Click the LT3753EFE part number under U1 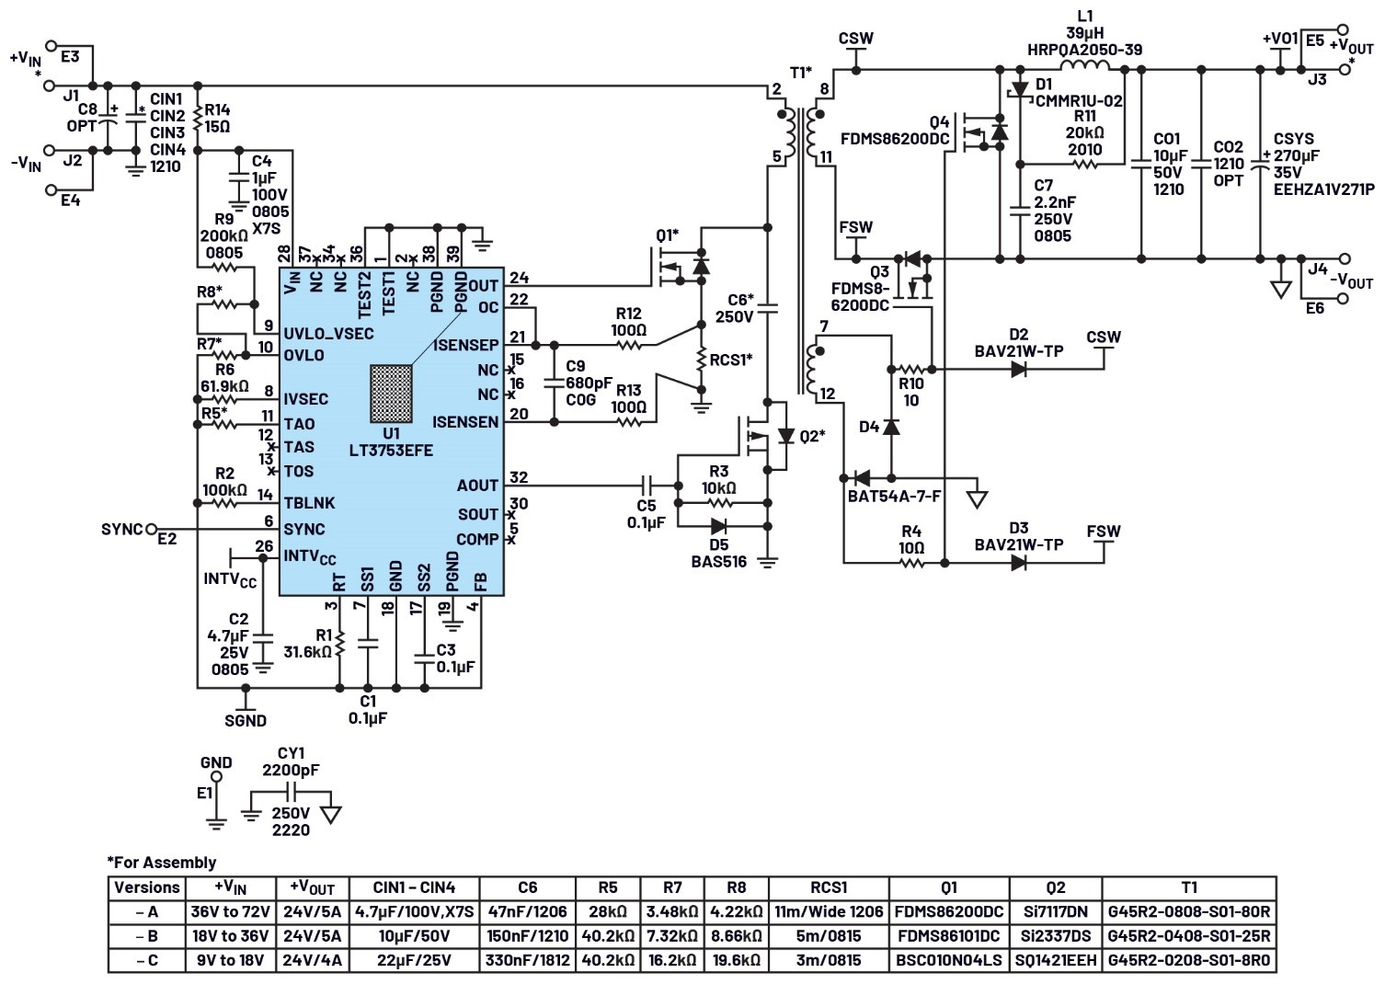tap(391, 450)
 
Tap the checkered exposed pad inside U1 tap(392, 394)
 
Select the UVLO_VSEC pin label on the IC tap(329, 334)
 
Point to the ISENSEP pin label tap(465, 345)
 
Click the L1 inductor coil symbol tap(1085, 66)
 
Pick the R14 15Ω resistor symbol tap(198, 119)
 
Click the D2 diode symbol tap(1019, 370)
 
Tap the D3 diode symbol tap(1019, 563)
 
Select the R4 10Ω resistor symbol tap(911, 563)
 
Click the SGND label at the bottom tap(246, 721)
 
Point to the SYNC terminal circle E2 tap(151, 530)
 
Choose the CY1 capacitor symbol tap(292, 792)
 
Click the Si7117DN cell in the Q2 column tap(1056, 911)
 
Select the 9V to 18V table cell tap(231, 960)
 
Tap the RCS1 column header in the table tap(829, 887)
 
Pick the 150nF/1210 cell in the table tap(527, 936)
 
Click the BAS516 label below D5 tap(719, 561)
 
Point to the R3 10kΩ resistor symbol tap(718, 503)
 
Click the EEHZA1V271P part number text tap(1324, 189)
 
